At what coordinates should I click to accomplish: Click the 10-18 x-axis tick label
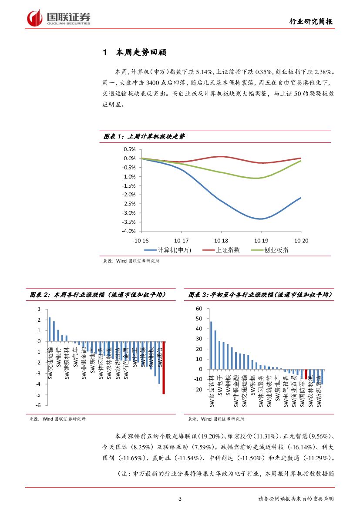click(221, 240)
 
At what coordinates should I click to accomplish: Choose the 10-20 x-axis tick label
click(301, 240)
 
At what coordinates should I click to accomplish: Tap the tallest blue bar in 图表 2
click(50, 329)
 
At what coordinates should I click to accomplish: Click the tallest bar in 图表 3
click(211, 345)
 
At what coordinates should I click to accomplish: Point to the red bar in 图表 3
click(306, 374)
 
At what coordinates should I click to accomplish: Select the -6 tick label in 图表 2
click(38, 405)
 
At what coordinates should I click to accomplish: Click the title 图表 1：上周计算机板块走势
click(144, 136)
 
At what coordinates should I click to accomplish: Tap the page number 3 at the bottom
click(180, 499)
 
